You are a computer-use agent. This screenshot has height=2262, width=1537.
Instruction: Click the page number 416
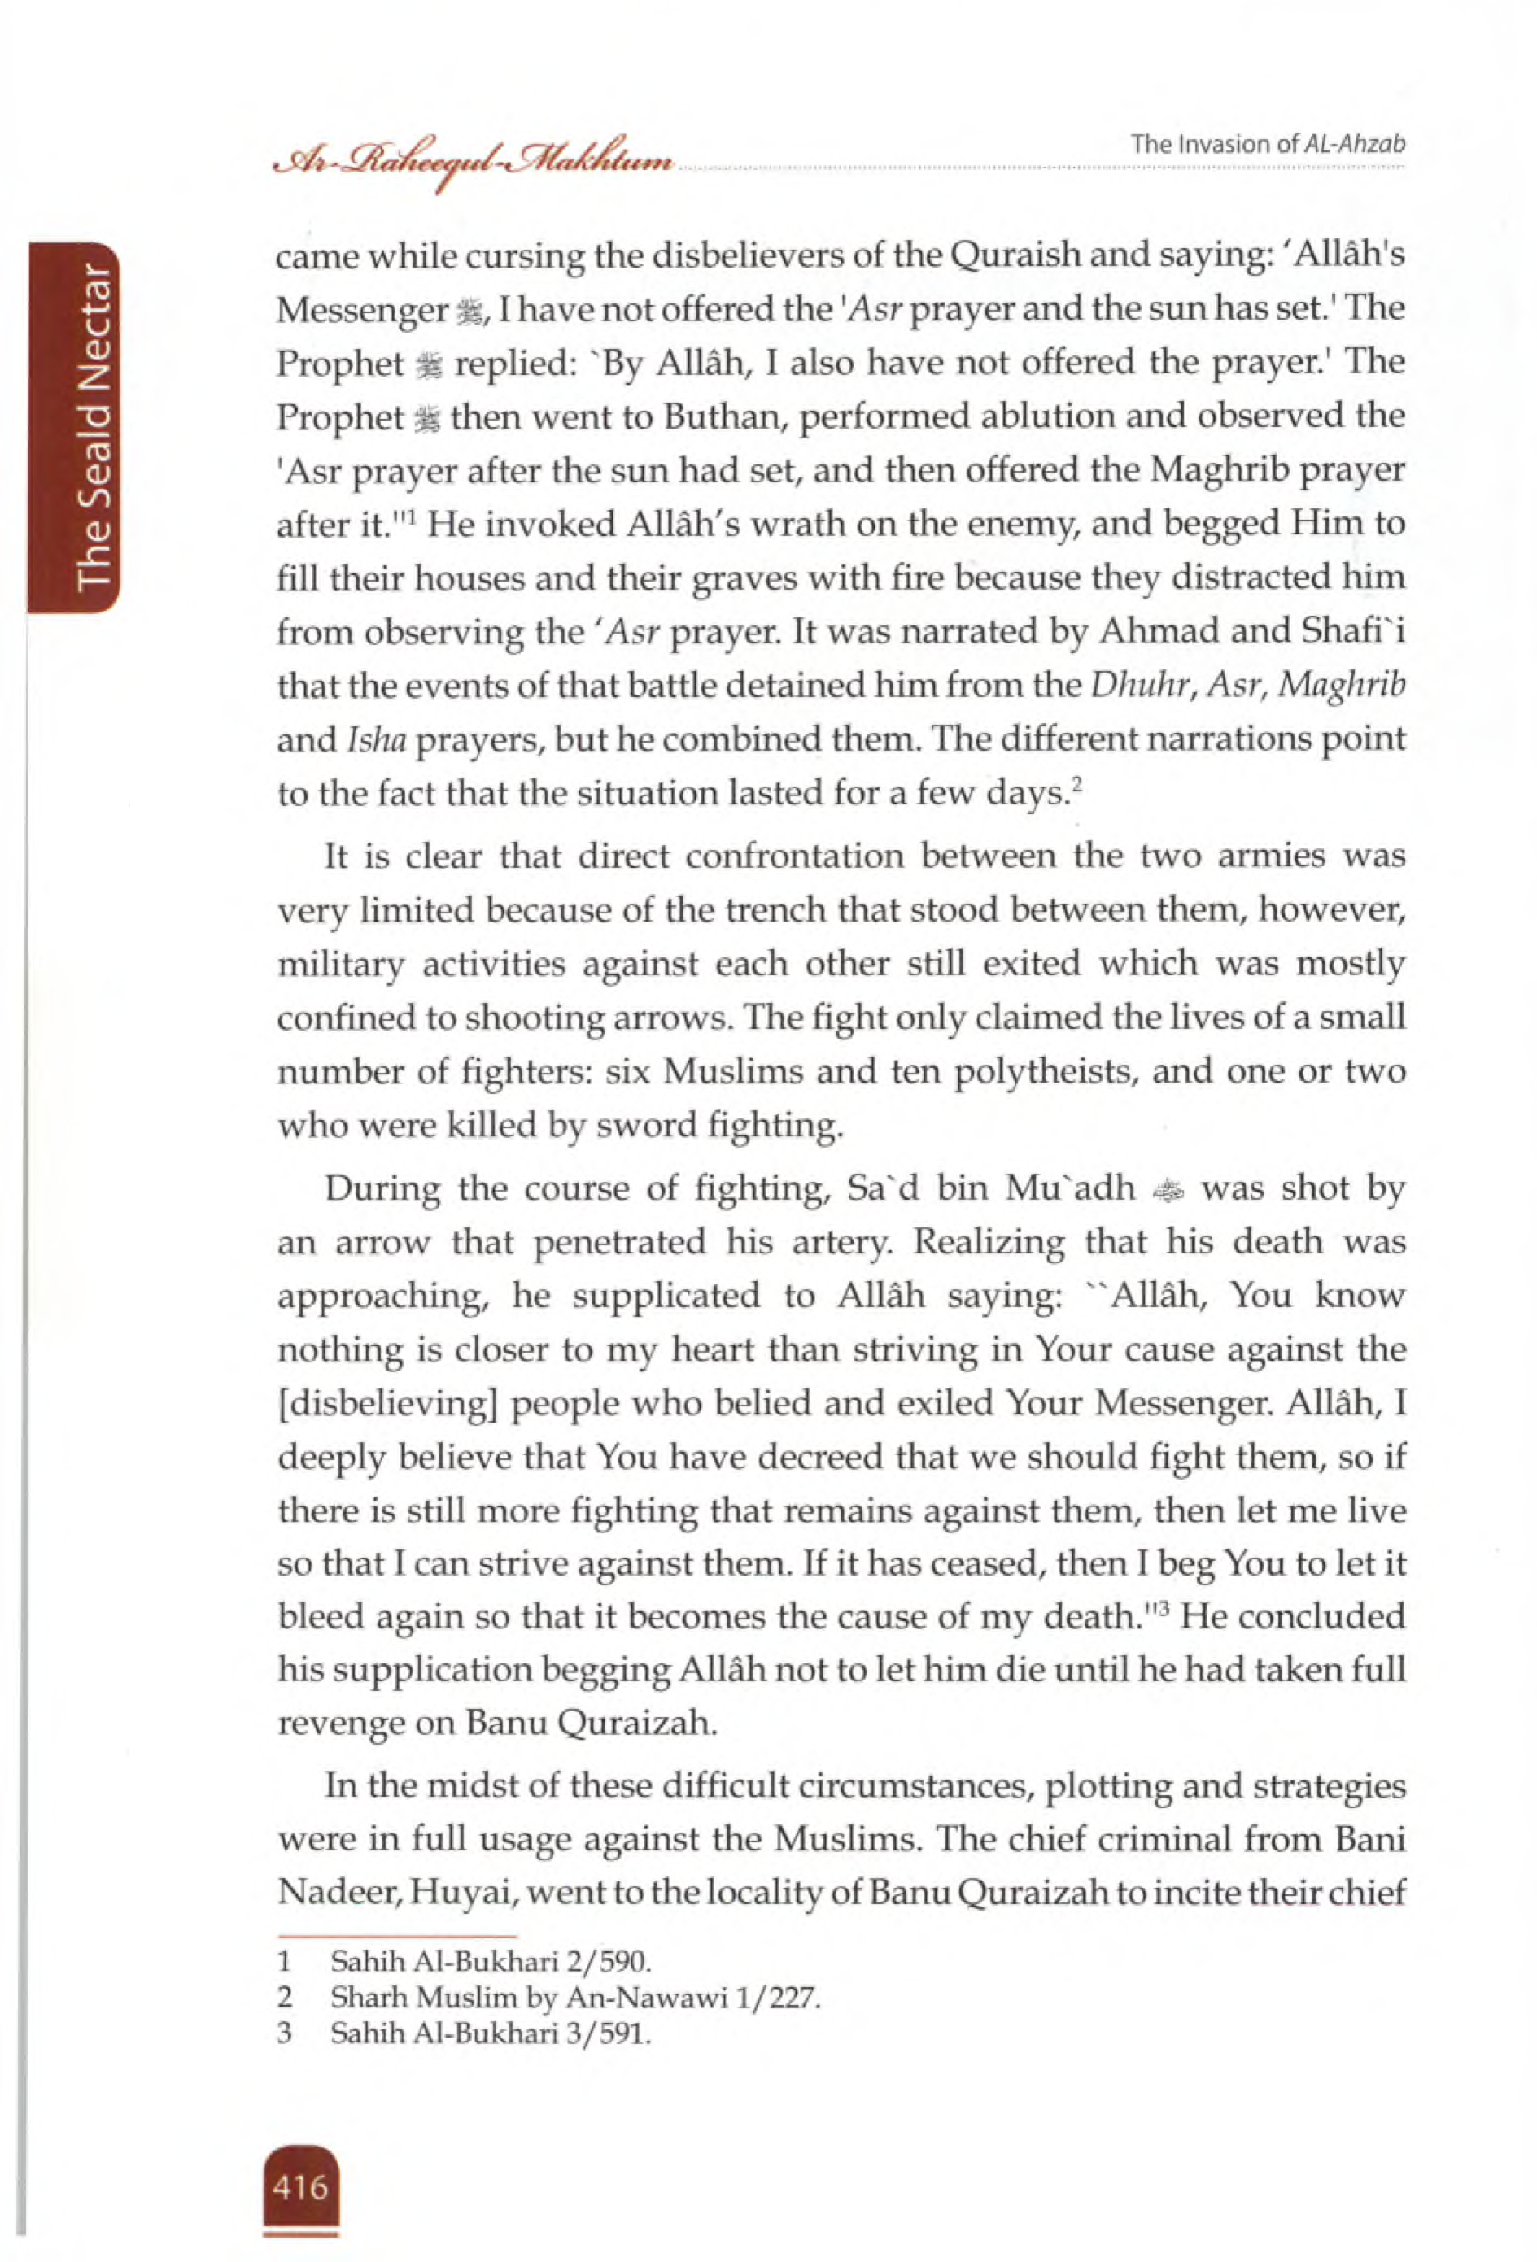[x=301, y=2185]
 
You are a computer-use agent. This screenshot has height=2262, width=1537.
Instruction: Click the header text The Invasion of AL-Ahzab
[x=1268, y=145]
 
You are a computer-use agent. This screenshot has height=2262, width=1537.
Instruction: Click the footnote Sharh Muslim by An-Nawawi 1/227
[x=575, y=1998]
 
